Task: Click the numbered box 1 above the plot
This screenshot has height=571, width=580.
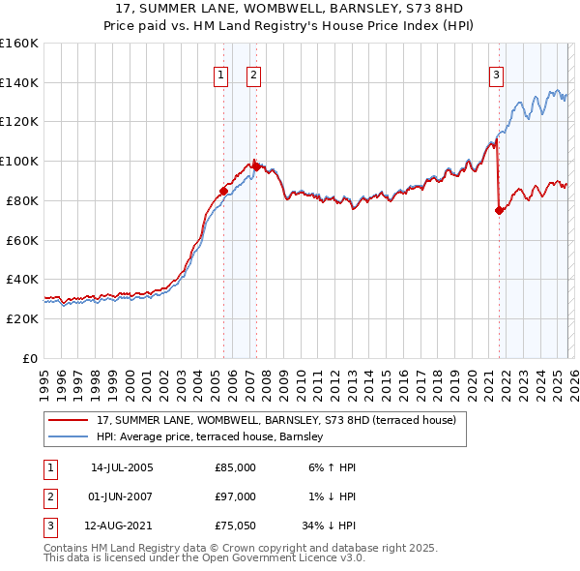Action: tap(220, 75)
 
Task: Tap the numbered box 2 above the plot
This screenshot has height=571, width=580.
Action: tap(253, 75)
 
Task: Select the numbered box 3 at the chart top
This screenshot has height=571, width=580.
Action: tap(496, 75)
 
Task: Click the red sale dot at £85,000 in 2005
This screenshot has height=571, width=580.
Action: tap(223, 191)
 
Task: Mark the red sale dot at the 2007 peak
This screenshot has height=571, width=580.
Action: tap(256, 166)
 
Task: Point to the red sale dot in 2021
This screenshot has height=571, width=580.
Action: tap(499, 210)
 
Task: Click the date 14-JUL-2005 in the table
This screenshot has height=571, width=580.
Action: tap(121, 467)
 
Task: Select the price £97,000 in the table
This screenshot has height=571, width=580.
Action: tap(235, 496)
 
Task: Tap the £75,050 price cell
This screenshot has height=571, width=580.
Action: tap(235, 526)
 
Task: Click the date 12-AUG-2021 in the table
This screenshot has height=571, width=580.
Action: tap(121, 526)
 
